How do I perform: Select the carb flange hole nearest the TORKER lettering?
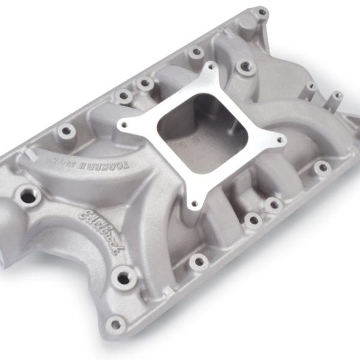(x=124, y=124)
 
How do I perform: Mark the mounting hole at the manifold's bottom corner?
(x=114, y=323)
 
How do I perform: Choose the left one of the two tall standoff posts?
(x=310, y=86)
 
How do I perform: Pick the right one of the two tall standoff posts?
(x=337, y=95)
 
